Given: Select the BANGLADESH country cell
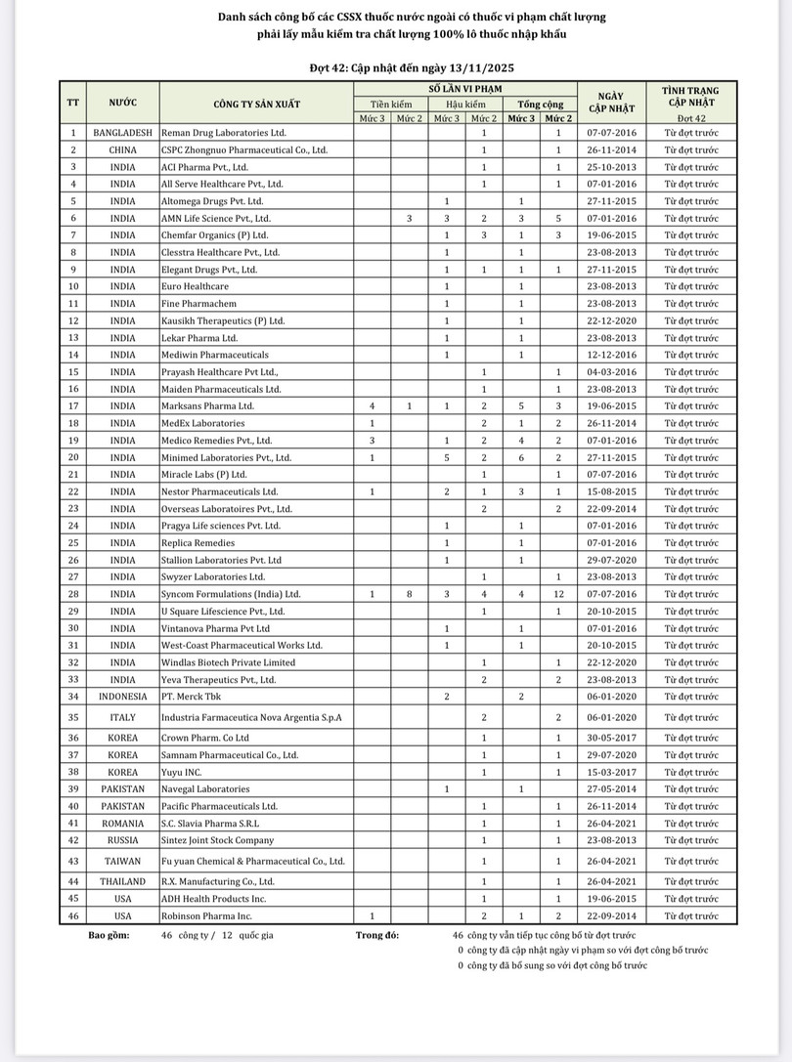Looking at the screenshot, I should (123, 132).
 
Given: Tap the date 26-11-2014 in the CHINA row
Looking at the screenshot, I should (610, 149).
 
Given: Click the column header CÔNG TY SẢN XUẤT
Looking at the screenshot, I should (257, 103).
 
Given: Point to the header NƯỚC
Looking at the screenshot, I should (123, 103).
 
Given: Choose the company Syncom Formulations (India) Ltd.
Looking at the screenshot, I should (231, 593).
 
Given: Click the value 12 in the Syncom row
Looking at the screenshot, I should (557, 593).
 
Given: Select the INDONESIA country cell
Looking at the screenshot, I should (123, 697).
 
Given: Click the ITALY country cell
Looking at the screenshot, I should (123, 717).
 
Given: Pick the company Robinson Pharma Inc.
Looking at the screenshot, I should (206, 916).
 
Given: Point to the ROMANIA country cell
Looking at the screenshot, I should (123, 824).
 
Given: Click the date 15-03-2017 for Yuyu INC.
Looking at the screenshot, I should (610, 772).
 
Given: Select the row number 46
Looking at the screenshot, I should (73, 916).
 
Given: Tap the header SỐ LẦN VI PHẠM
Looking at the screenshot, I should (464, 88).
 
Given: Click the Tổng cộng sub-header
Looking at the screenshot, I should (540, 104).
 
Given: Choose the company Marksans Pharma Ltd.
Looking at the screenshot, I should (207, 405).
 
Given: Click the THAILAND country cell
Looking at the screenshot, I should (123, 881).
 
